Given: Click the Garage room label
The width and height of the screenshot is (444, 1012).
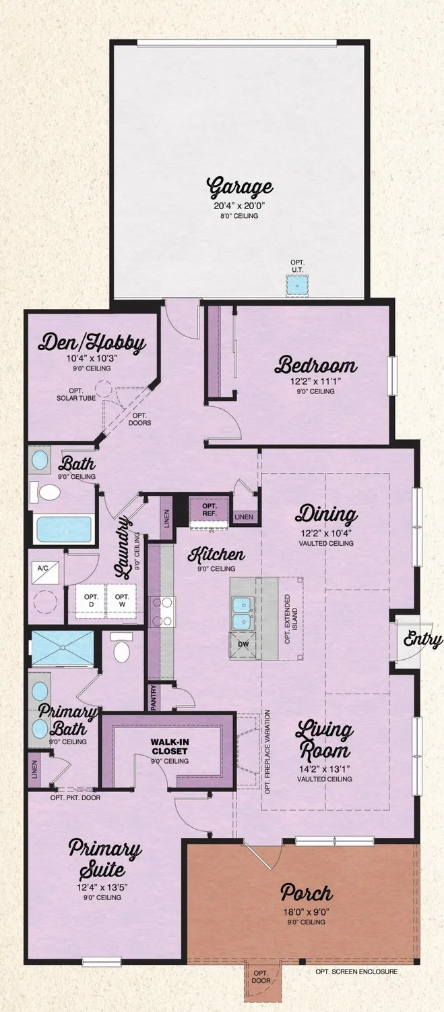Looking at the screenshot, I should pos(239,186).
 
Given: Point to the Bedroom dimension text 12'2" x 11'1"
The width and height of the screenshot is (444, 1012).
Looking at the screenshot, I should pos(316,382).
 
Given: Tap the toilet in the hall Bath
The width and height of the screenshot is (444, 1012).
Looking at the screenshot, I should pos(49,493).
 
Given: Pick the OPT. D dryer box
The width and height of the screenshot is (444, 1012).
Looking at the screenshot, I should pos(92,601).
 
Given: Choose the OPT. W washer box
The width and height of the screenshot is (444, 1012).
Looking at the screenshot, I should pos(123,601).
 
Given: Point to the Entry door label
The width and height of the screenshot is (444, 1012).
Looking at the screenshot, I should pos(423,640).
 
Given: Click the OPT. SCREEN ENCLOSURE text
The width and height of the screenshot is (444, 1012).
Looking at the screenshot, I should pos(356,972).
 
